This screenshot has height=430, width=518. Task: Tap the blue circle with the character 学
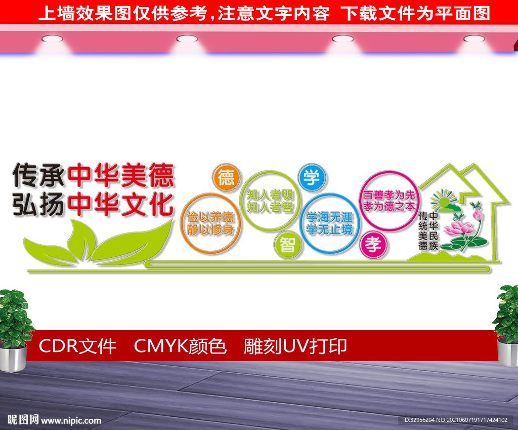pos(312,177)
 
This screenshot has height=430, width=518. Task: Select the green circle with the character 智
pos(287,245)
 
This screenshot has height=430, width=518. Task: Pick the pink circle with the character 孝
pos(373,245)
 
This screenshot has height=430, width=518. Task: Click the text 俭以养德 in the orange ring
pos(210,217)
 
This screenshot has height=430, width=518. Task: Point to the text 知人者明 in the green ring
pos(270,195)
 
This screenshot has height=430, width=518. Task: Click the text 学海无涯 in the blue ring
pos(329,217)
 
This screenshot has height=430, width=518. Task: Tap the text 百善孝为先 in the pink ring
pos(388,195)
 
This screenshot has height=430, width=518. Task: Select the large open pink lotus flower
pos(458,228)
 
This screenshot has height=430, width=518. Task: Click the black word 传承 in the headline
pos(38,174)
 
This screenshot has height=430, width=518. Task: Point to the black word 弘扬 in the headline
pos(38,205)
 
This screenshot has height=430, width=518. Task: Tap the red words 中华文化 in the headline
pos(120,205)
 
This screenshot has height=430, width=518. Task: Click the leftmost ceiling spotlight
pos(52,39)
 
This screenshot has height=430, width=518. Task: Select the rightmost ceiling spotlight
pos(474,39)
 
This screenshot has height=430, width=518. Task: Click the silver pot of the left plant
pos(13,357)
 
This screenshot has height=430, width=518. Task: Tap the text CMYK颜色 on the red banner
pos(180,346)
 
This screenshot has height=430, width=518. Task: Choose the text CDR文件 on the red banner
pos(77,346)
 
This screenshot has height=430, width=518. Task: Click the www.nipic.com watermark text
pos(71,420)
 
